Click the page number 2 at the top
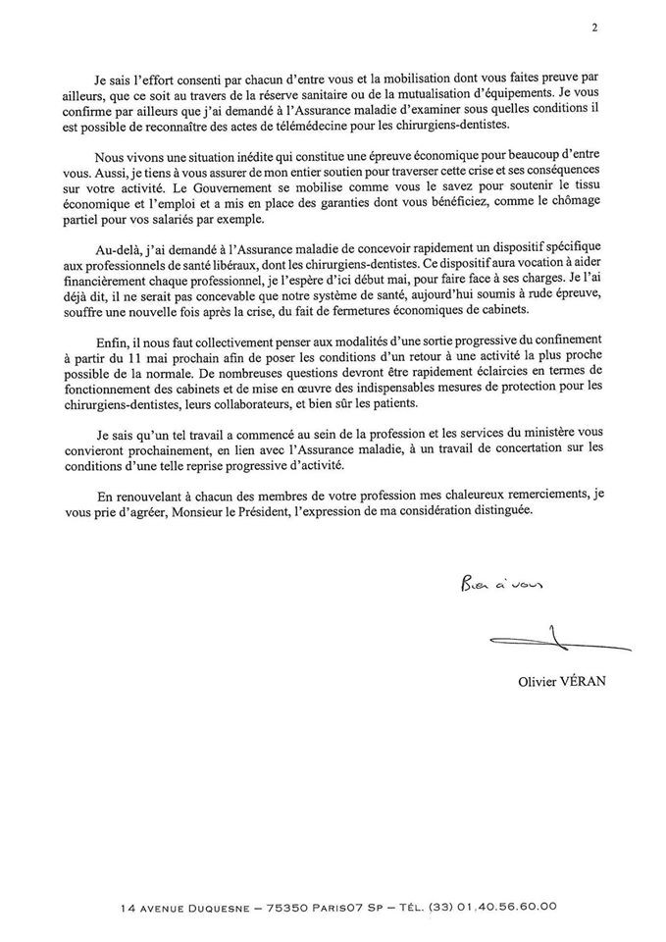(x=594, y=27)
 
